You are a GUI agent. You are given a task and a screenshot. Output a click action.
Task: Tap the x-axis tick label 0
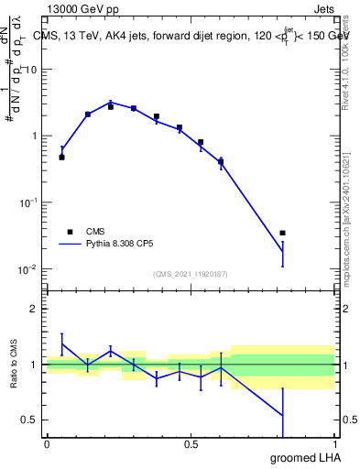[46, 444]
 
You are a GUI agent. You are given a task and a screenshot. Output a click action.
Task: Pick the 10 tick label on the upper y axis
[31, 70]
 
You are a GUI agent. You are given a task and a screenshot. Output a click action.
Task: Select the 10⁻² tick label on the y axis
[29, 269]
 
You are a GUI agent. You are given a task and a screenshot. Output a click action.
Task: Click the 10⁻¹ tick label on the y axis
[29, 202]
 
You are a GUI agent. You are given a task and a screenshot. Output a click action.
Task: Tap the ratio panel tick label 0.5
[30, 420]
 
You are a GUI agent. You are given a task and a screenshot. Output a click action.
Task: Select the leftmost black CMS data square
[61, 158]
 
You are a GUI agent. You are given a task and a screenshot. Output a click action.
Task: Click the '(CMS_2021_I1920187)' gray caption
[191, 274]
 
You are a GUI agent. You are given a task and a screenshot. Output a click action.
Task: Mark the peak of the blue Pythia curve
[111, 103]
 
